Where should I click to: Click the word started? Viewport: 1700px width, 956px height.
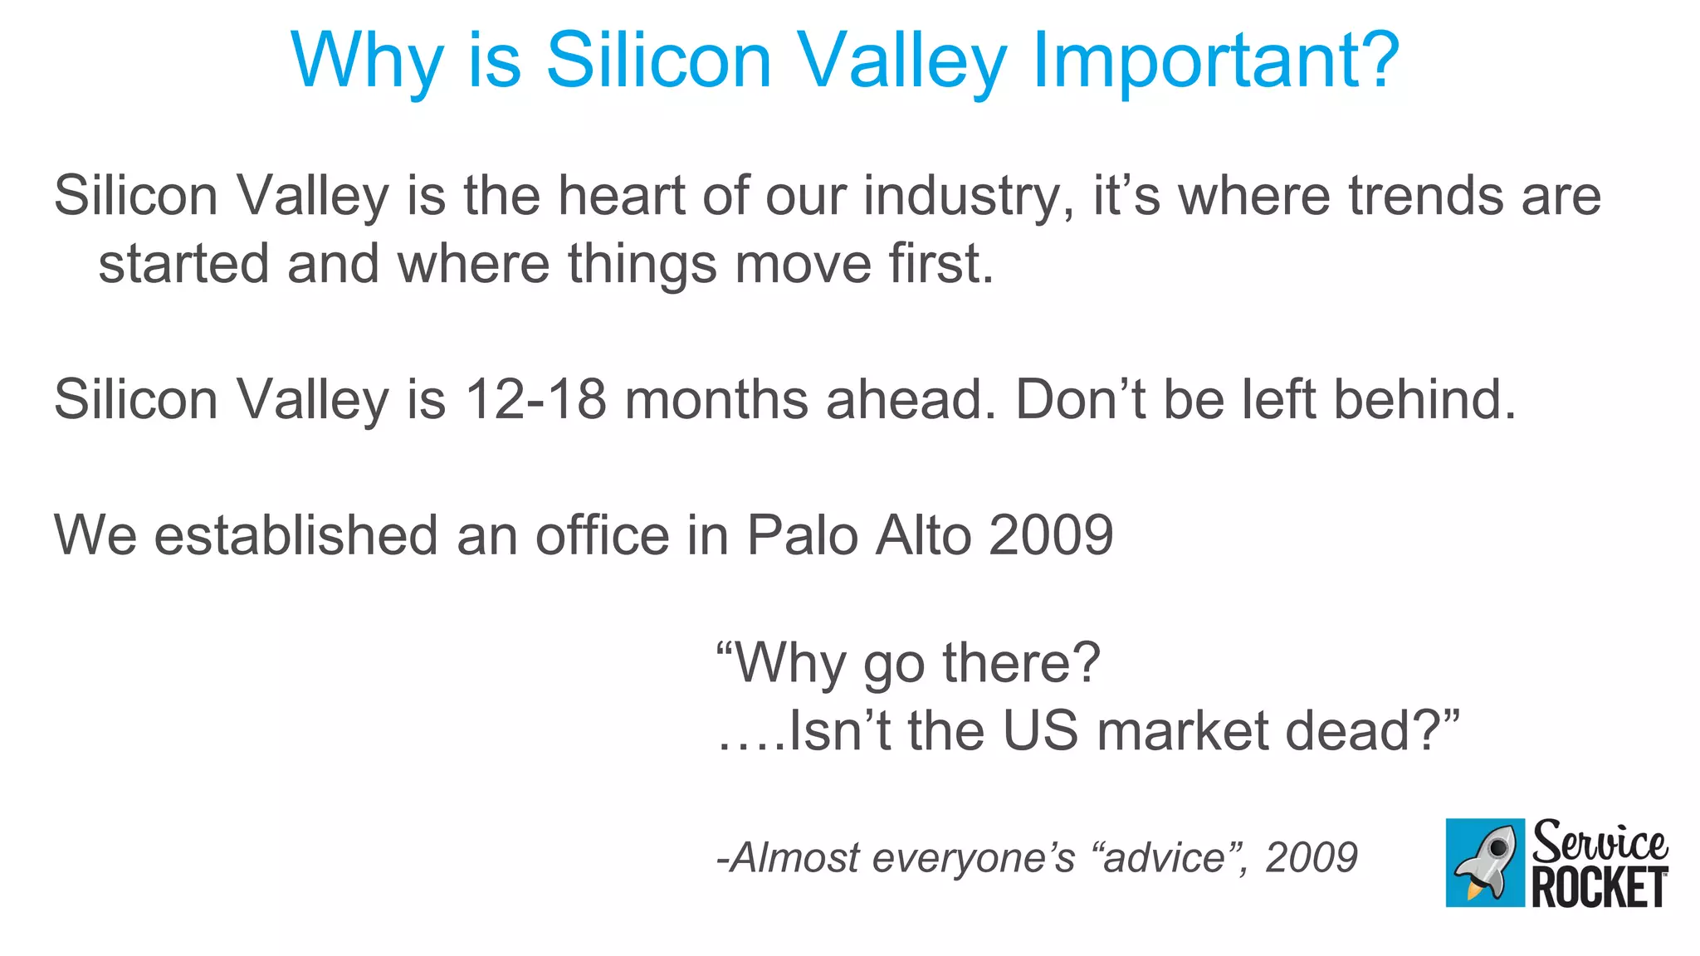pos(183,264)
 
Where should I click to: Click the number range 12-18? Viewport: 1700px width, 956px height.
pos(535,399)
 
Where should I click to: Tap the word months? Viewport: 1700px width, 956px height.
pos(716,399)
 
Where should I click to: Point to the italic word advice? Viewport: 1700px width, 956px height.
pos(1164,857)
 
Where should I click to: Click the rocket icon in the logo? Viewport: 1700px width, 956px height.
pos(1485,862)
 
